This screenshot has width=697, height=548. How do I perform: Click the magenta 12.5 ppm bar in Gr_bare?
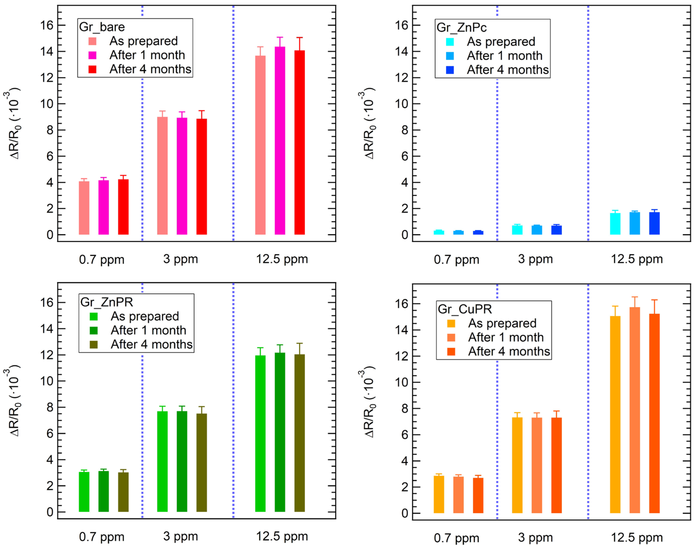click(x=280, y=141)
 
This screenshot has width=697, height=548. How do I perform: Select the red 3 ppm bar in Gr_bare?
click(x=202, y=176)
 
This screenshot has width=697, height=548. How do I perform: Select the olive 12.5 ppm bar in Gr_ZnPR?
click(x=299, y=433)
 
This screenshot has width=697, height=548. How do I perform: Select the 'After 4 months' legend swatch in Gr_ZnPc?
click(x=450, y=70)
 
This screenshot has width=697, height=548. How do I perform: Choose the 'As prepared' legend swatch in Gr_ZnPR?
click(x=94, y=317)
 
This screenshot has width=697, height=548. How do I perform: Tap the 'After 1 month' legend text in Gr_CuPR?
click(x=506, y=337)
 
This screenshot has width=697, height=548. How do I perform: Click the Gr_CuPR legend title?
click(x=465, y=309)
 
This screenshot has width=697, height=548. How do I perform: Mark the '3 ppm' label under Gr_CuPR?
click(x=535, y=537)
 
